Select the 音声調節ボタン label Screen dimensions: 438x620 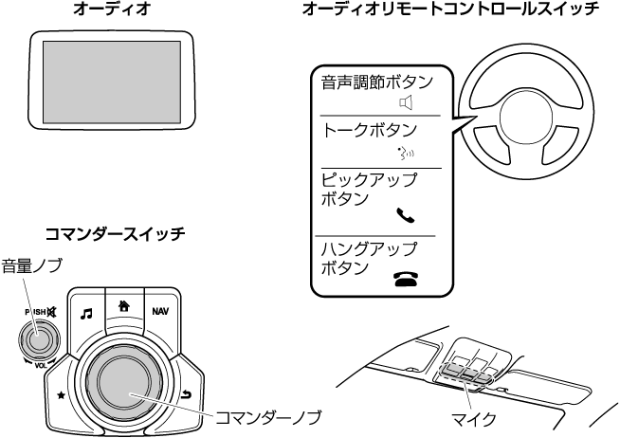coord(376,82)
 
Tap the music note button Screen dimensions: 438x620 coord(86,312)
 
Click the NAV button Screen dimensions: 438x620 coord(160,311)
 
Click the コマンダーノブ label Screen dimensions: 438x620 coord(268,415)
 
